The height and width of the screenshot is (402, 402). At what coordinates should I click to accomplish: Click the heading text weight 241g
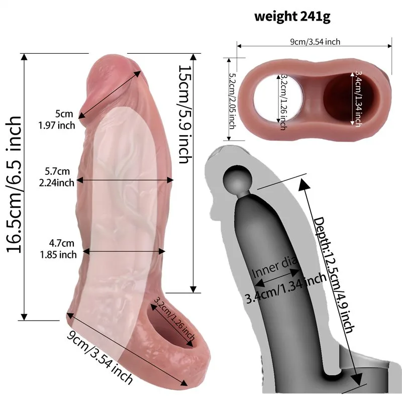pyautogui.click(x=292, y=16)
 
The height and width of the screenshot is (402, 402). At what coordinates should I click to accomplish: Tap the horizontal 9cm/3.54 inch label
pyautogui.click(x=315, y=42)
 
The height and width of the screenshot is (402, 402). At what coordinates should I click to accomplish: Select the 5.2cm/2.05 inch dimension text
pyautogui.click(x=232, y=102)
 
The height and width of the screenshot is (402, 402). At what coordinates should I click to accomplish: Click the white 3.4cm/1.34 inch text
pyautogui.click(x=358, y=98)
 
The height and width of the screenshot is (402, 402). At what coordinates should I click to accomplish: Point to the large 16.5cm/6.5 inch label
pyautogui.click(x=14, y=184)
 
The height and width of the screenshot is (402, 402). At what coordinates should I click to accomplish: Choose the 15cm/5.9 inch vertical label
pyautogui.click(x=184, y=115)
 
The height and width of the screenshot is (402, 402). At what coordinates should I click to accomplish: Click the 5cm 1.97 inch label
pyautogui.click(x=57, y=120)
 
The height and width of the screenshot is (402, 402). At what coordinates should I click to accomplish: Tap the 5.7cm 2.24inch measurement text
pyautogui.click(x=57, y=177)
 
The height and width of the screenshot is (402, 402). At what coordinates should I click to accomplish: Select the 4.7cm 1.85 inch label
pyautogui.click(x=58, y=249)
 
